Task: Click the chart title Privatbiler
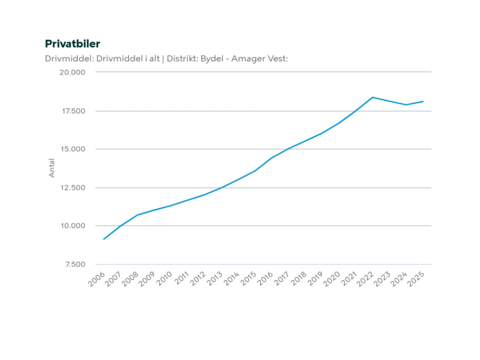72,44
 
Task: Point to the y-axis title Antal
52,168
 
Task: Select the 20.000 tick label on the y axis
72,72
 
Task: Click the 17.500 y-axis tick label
72,111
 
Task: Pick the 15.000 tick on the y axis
72,149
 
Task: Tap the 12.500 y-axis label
72,188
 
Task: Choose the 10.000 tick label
72,226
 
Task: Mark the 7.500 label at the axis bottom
74,264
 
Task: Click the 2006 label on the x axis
97,279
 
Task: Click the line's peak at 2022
372,97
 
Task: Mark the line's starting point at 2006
103,239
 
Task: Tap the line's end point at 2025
423,101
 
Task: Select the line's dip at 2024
406,105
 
